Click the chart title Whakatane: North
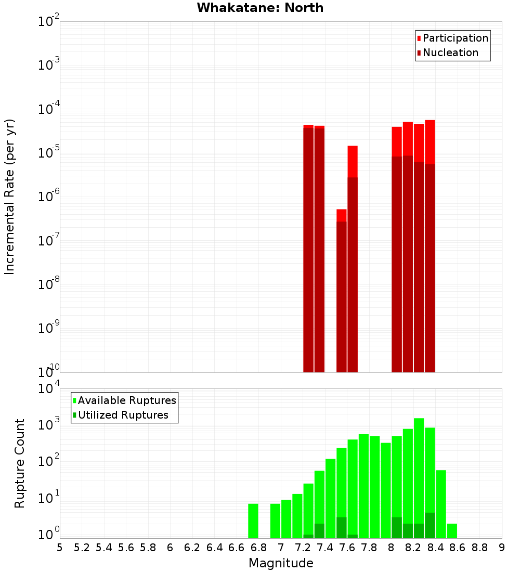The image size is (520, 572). pos(260,8)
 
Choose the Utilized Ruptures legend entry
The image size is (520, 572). pos(123,415)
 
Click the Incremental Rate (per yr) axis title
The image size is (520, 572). pos(10,197)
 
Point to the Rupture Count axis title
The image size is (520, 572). pos(20,463)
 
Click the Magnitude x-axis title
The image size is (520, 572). pos(281,563)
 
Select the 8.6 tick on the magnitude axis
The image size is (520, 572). pos(458,548)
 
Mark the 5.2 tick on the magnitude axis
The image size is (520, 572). pos(82,548)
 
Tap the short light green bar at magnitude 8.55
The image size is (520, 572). pos(452,531)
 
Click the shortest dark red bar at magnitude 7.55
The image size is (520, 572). pos(342,296)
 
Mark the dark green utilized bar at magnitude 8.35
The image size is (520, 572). pos(430,526)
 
